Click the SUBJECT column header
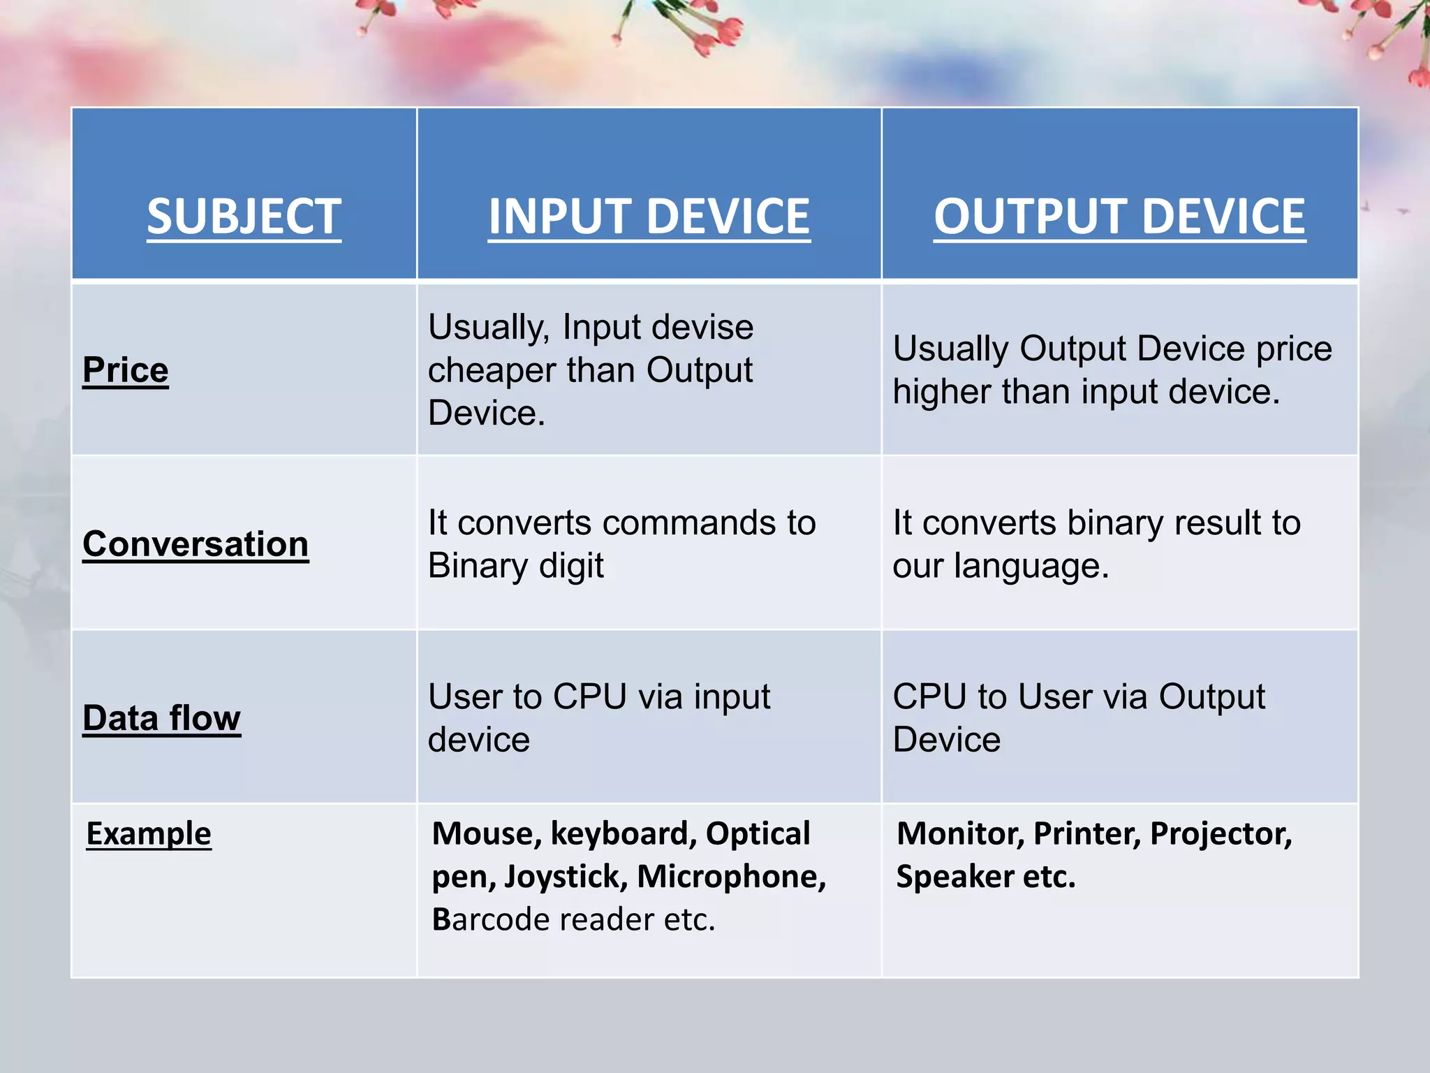244,217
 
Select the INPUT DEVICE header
649,217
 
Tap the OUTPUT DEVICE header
1119,217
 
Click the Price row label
126,370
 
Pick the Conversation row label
196,543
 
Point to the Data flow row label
161,717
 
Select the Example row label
149,833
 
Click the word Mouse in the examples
486,834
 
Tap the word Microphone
731,877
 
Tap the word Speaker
954,877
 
